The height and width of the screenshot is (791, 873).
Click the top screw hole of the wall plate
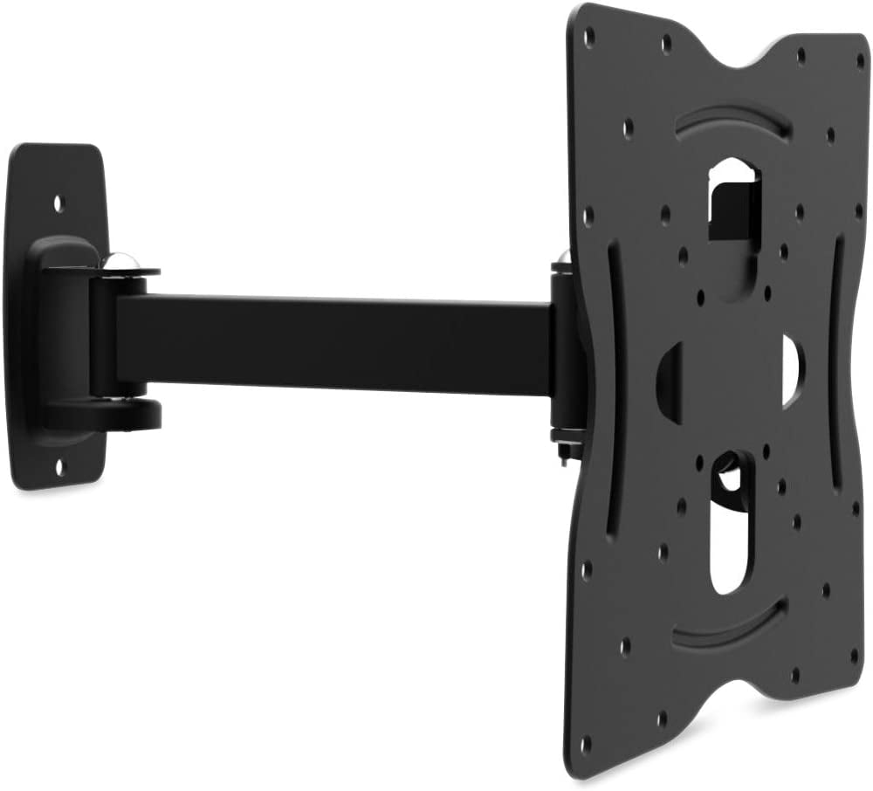pyautogui.click(x=58, y=203)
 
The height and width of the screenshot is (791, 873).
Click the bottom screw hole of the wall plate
pyautogui.click(x=59, y=468)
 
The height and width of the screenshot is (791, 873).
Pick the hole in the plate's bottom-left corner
pyautogui.click(x=585, y=743)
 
